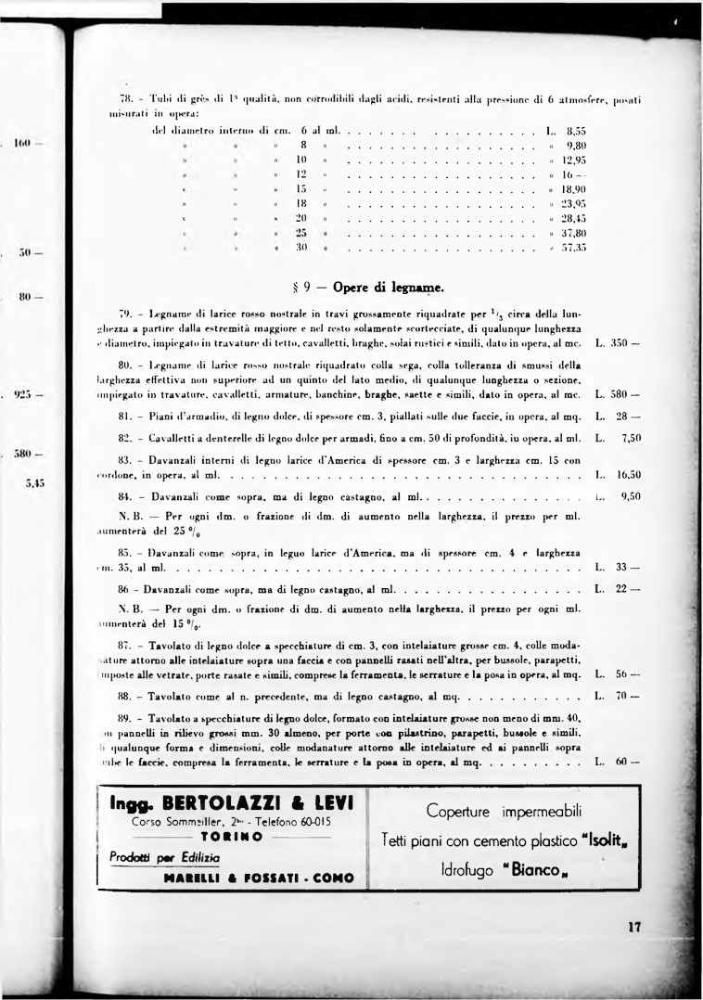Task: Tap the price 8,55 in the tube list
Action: coord(575,132)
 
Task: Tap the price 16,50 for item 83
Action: coord(630,473)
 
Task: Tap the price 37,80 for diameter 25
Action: coord(574,234)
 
